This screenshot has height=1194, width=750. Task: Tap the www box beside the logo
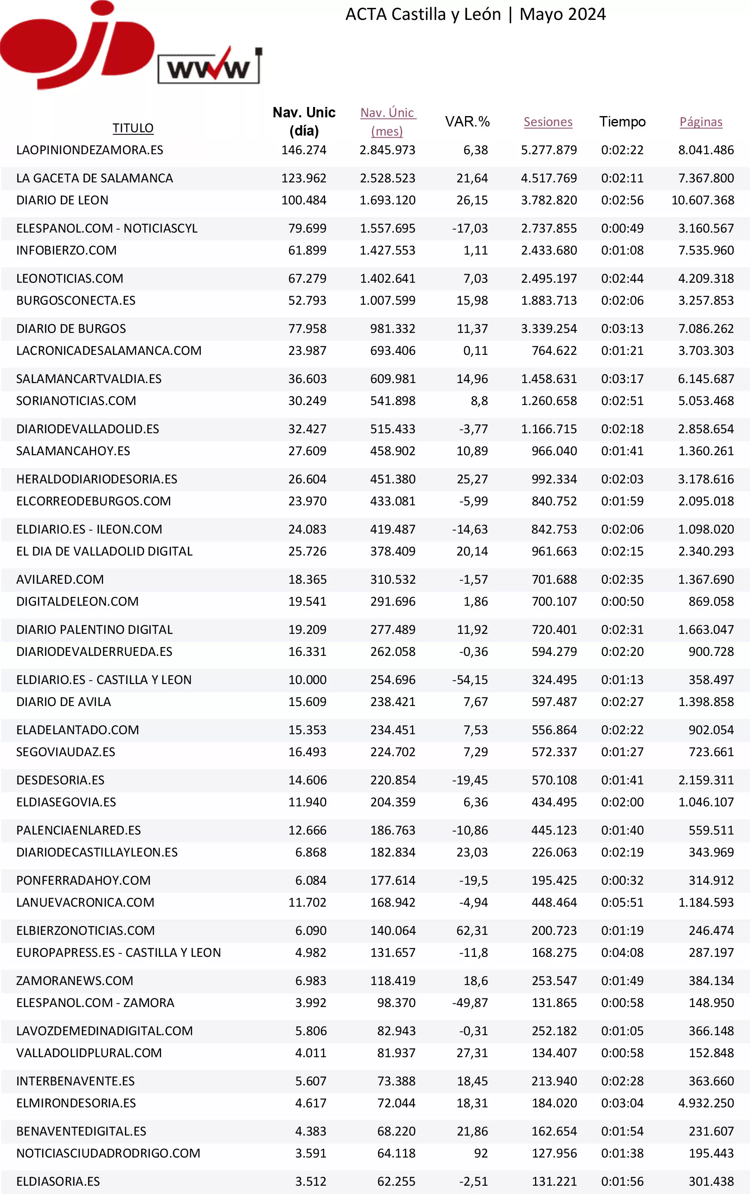(x=209, y=68)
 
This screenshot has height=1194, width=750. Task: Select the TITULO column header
(x=133, y=128)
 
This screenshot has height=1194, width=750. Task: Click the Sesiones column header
(x=548, y=122)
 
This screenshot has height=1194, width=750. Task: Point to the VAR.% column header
(x=467, y=121)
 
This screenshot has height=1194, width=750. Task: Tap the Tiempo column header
(x=622, y=121)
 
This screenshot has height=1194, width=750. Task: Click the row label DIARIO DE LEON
(x=63, y=200)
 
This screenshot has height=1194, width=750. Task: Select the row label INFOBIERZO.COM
(x=66, y=250)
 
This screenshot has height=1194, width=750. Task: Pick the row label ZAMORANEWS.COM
(x=75, y=981)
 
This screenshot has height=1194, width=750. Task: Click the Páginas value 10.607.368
(x=702, y=200)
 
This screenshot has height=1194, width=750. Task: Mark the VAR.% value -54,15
(x=470, y=680)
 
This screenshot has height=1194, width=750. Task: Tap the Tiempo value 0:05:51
(x=622, y=903)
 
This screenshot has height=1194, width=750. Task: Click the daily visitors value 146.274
(x=304, y=150)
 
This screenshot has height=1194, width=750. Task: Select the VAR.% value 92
(x=480, y=1153)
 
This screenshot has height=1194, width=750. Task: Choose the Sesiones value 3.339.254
(x=548, y=329)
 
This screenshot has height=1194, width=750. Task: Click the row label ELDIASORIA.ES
(x=58, y=1182)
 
